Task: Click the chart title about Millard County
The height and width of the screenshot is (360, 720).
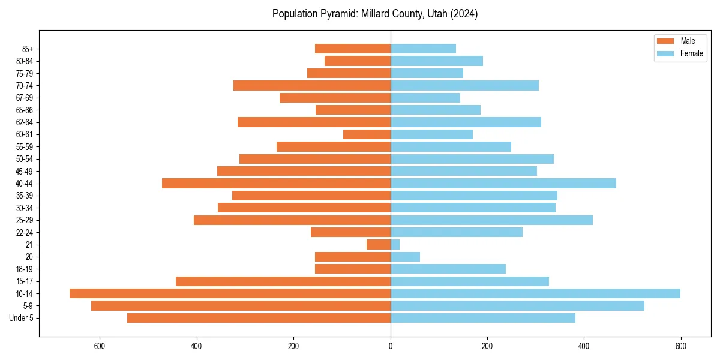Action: [x=375, y=14]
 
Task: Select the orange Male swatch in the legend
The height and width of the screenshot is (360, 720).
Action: [x=665, y=41]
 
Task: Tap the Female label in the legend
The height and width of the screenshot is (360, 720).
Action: [x=691, y=53]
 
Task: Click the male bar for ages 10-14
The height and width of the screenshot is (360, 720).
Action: [x=230, y=293]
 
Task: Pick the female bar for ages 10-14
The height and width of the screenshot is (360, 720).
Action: [x=535, y=293]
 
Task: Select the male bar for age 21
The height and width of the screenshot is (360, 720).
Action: [x=379, y=245]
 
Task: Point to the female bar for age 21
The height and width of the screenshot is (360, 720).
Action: [x=395, y=245]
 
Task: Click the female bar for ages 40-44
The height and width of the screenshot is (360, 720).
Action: [x=503, y=184]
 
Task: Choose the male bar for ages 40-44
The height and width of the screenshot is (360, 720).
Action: [x=276, y=184]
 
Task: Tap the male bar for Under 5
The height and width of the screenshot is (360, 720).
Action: [x=259, y=318]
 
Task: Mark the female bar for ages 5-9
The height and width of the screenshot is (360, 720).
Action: [x=517, y=306]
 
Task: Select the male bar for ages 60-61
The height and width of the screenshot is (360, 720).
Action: [x=367, y=134]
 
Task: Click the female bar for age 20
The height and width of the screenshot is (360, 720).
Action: [x=405, y=257]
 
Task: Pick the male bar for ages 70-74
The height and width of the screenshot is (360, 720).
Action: [x=312, y=85]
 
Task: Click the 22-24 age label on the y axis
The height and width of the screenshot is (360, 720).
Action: [x=24, y=232]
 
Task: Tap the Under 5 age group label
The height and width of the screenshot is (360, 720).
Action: [x=21, y=318]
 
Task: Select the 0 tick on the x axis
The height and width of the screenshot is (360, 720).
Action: [x=391, y=346]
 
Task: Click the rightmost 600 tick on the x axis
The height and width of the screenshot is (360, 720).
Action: [x=680, y=346]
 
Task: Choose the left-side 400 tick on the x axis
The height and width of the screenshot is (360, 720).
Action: [x=197, y=346]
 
